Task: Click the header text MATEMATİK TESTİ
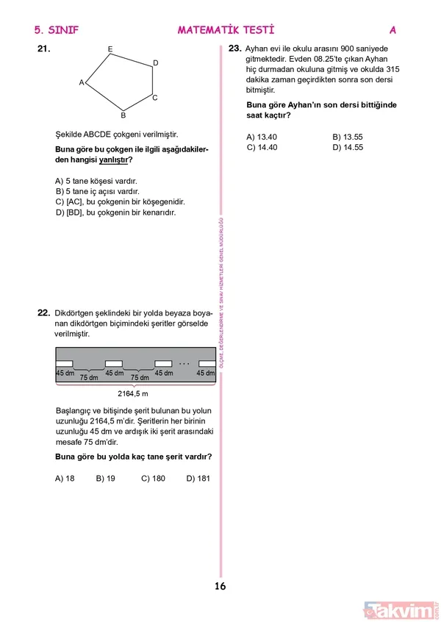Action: [x=226, y=30]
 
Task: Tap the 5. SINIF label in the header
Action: [x=56, y=30]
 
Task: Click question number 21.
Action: [x=43, y=50]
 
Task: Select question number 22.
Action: [x=43, y=312]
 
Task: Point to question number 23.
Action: [x=235, y=48]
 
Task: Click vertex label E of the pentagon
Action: [x=110, y=49]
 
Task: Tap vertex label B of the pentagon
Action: [x=123, y=115]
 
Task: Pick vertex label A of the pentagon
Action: [x=82, y=83]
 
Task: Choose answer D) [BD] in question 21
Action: [x=115, y=212]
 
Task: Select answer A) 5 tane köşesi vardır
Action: [x=96, y=180]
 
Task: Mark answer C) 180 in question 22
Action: [x=153, y=478]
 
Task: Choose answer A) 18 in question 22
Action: [x=65, y=478]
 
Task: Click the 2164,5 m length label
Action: [x=133, y=394]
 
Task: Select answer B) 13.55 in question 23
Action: [x=348, y=137]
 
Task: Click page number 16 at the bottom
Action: [x=220, y=587]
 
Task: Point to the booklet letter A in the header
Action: [x=392, y=30]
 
